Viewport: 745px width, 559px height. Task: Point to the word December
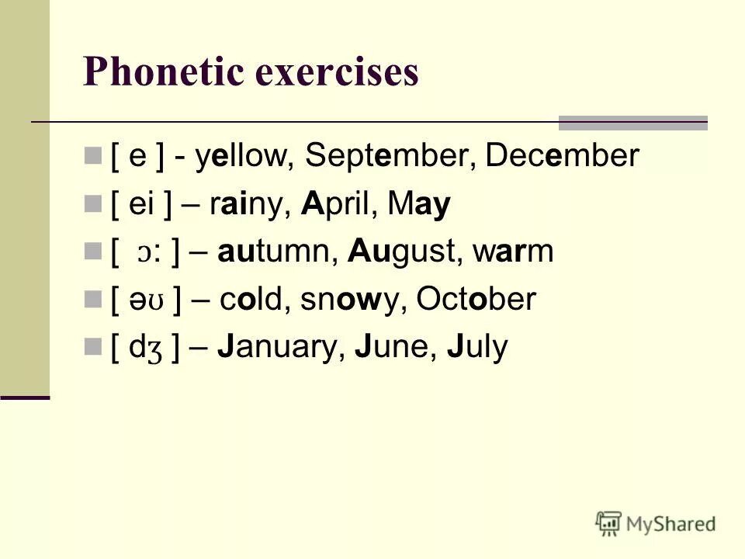[x=562, y=156]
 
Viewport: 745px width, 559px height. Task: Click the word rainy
[x=250, y=204]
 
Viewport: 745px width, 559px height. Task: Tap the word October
[x=476, y=300]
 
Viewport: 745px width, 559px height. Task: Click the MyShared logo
[x=656, y=523]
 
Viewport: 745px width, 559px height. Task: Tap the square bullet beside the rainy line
[x=94, y=204]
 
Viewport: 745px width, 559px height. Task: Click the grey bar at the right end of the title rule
[x=633, y=122]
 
